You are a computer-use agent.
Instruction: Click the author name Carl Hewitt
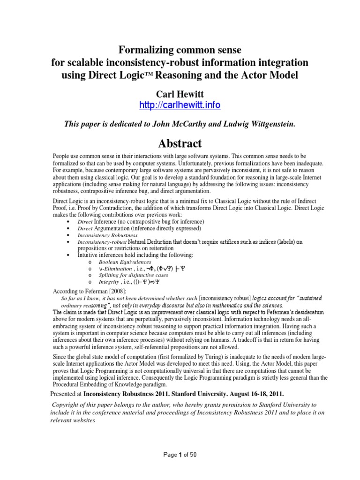click(180, 93)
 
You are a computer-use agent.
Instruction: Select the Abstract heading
click(180, 143)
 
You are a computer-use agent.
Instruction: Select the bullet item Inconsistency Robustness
click(107, 235)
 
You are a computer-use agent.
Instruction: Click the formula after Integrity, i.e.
click(146, 283)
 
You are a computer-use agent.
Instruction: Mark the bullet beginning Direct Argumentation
click(133, 228)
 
